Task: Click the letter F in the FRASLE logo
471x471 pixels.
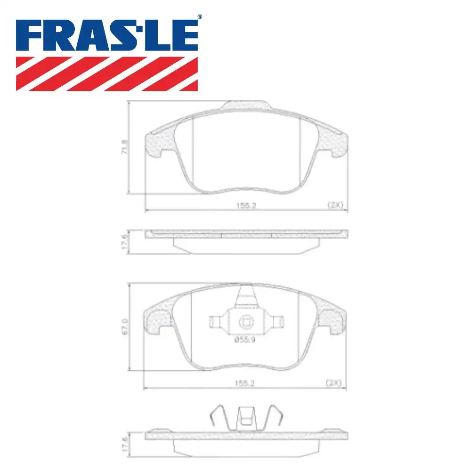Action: click(31, 37)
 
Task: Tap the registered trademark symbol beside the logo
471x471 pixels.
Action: click(199, 17)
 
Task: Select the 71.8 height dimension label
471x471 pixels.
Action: click(125, 147)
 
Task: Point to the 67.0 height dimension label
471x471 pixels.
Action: click(125, 326)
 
